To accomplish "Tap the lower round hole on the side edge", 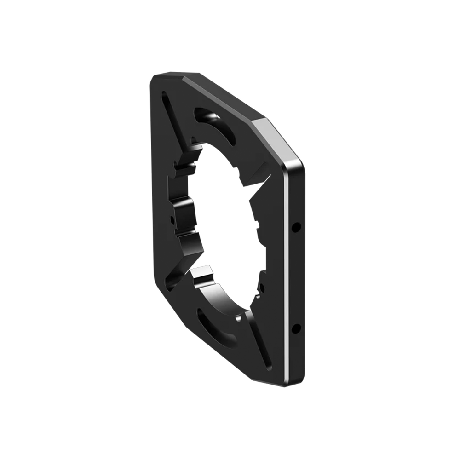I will [x=296, y=328].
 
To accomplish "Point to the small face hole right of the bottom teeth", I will [x=262, y=287].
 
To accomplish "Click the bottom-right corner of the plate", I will [x=299, y=384].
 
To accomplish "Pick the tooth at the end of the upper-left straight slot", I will [x=193, y=148].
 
